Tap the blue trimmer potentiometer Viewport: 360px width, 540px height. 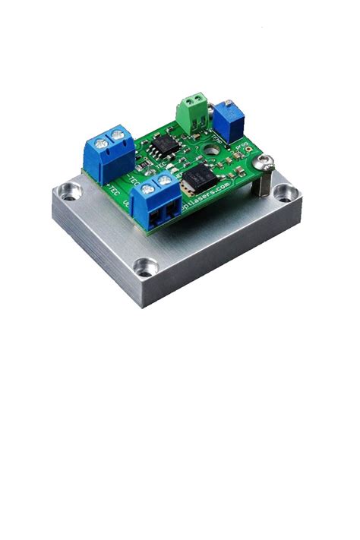(x=226, y=119)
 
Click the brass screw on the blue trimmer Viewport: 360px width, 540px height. (x=227, y=106)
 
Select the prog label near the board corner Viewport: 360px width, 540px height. (x=242, y=146)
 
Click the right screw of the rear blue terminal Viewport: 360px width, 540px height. (x=118, y=135)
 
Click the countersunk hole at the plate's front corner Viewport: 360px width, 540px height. (x=144, y=267)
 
